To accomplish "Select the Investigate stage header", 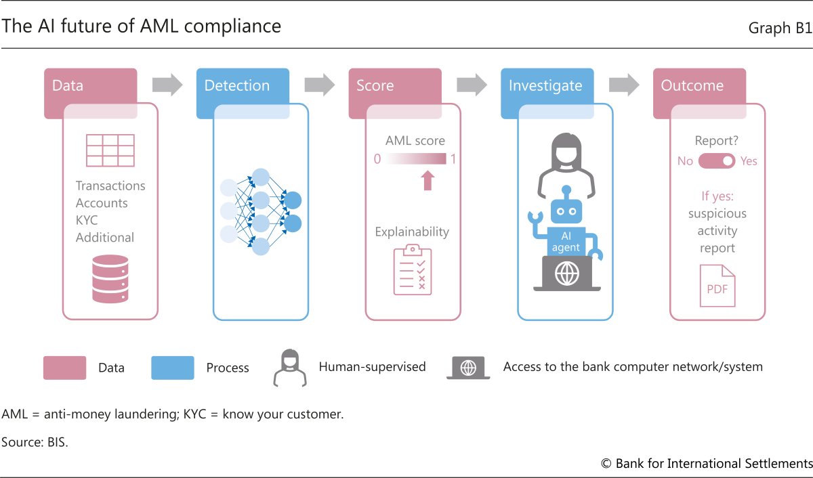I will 545,86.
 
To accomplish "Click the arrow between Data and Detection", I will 167,85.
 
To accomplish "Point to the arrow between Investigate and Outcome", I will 624,85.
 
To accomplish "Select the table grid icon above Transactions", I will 110,150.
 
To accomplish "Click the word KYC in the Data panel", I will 87,220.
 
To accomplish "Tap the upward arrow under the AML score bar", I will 428,180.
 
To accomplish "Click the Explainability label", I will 412,232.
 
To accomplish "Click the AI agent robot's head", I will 566,211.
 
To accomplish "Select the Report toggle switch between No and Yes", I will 717,161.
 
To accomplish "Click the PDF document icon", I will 717,286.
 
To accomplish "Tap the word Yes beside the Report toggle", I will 749,161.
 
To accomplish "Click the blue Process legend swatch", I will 173,368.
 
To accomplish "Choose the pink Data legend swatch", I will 64,368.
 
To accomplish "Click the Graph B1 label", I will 779,28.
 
